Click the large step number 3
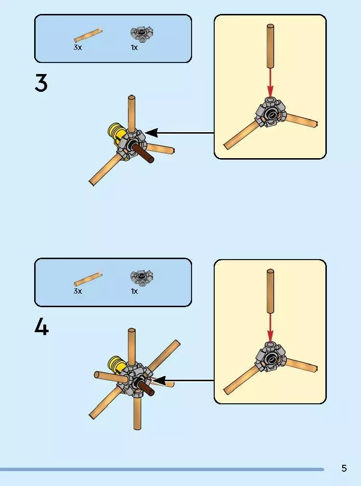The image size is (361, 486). click(41, 83)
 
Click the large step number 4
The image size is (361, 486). click(41, 327)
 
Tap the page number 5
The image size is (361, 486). click(344, 468)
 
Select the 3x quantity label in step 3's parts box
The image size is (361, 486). click(77, 48)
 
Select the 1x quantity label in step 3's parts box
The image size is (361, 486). click(134, 48)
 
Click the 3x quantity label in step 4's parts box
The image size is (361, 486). click(77, 291)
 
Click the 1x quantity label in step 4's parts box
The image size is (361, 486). click(134, 291)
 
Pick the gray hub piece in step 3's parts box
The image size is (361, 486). click(142, 34)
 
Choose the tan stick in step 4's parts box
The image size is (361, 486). click(88, 279)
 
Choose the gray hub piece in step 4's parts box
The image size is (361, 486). click(142, 277)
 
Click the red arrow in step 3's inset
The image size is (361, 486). click(271, 83)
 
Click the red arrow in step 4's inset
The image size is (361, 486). click(271, 328)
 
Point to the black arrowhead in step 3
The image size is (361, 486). click(152, 133)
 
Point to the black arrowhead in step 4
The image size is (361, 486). click(159, 381)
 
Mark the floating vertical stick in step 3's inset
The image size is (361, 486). click(271, 46)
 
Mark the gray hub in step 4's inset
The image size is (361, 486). click(270, 357)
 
